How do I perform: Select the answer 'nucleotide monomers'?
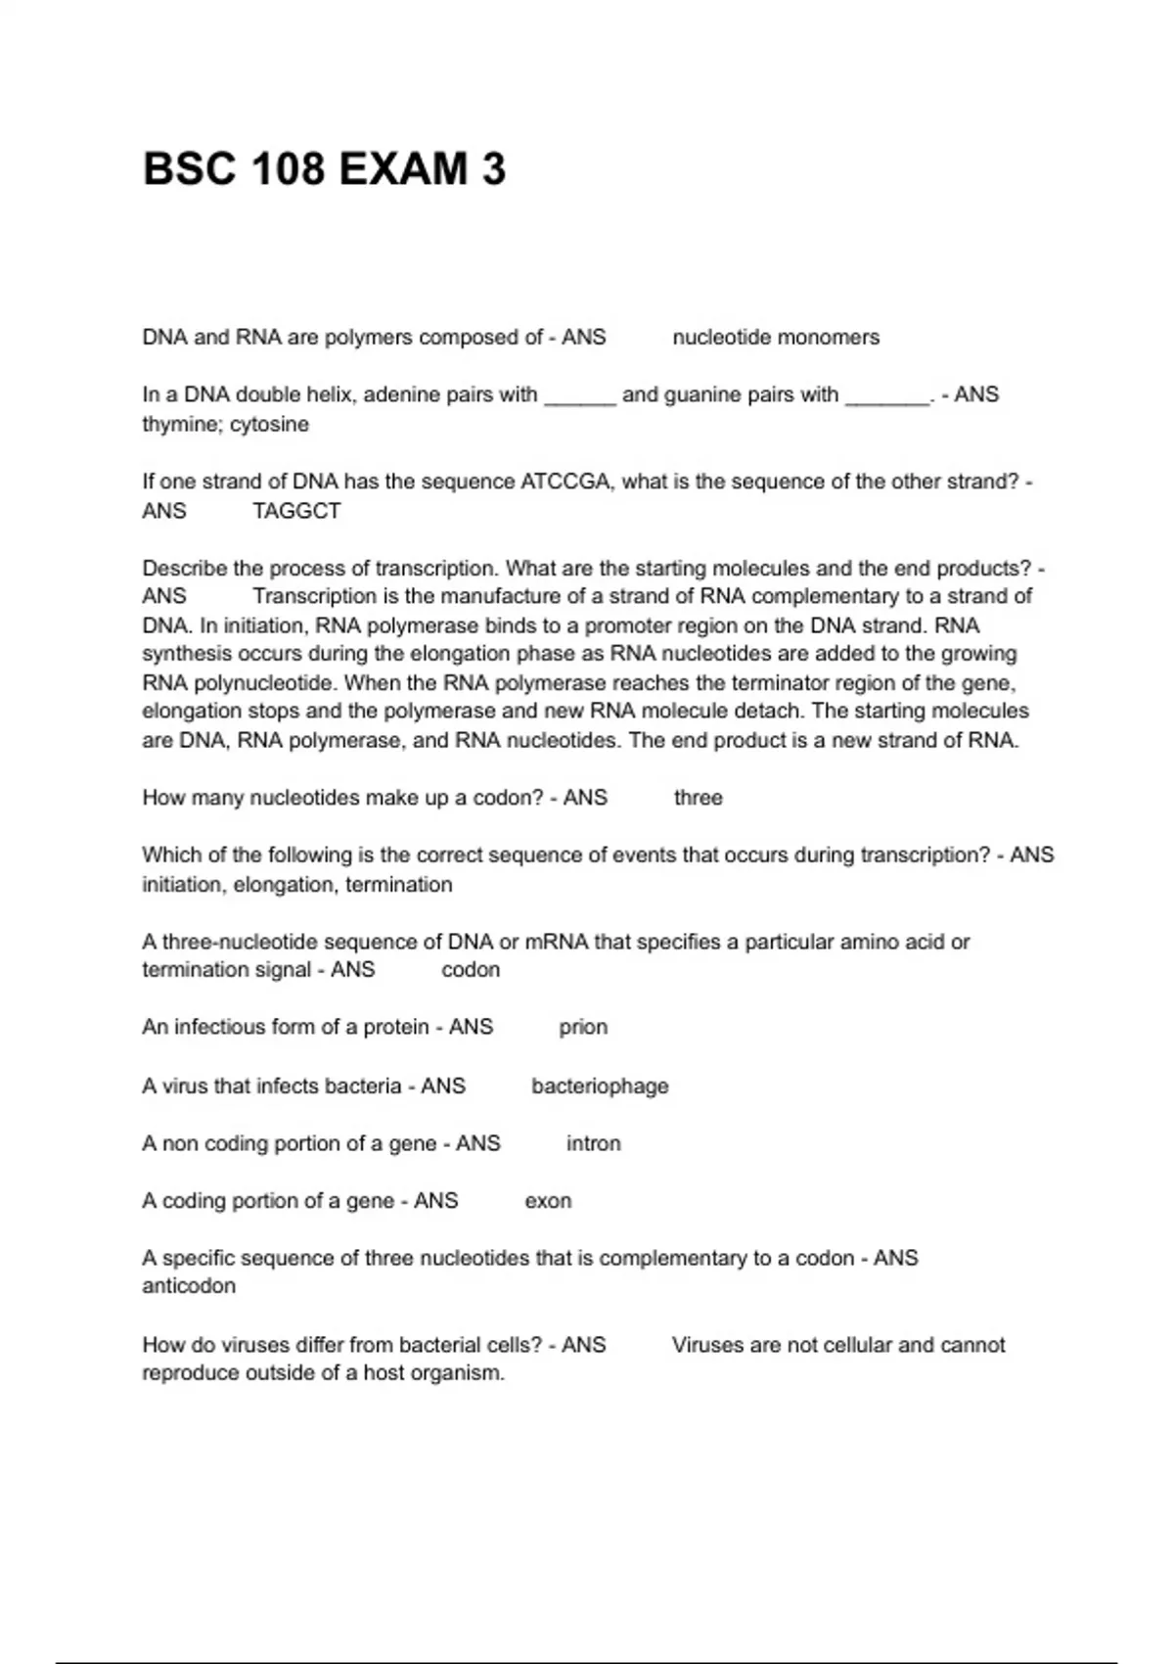(776, 338)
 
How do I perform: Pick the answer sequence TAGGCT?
(296, 511)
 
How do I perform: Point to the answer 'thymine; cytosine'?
(225, 425)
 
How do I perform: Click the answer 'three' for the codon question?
(699, 798)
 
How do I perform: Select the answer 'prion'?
(583, 1027)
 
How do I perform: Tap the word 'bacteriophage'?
(600, 1086)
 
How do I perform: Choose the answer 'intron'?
(593, 1143)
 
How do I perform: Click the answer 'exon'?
(548, 1201)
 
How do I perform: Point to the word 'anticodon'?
(189, 1286)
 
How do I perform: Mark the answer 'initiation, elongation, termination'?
(297, 885)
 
